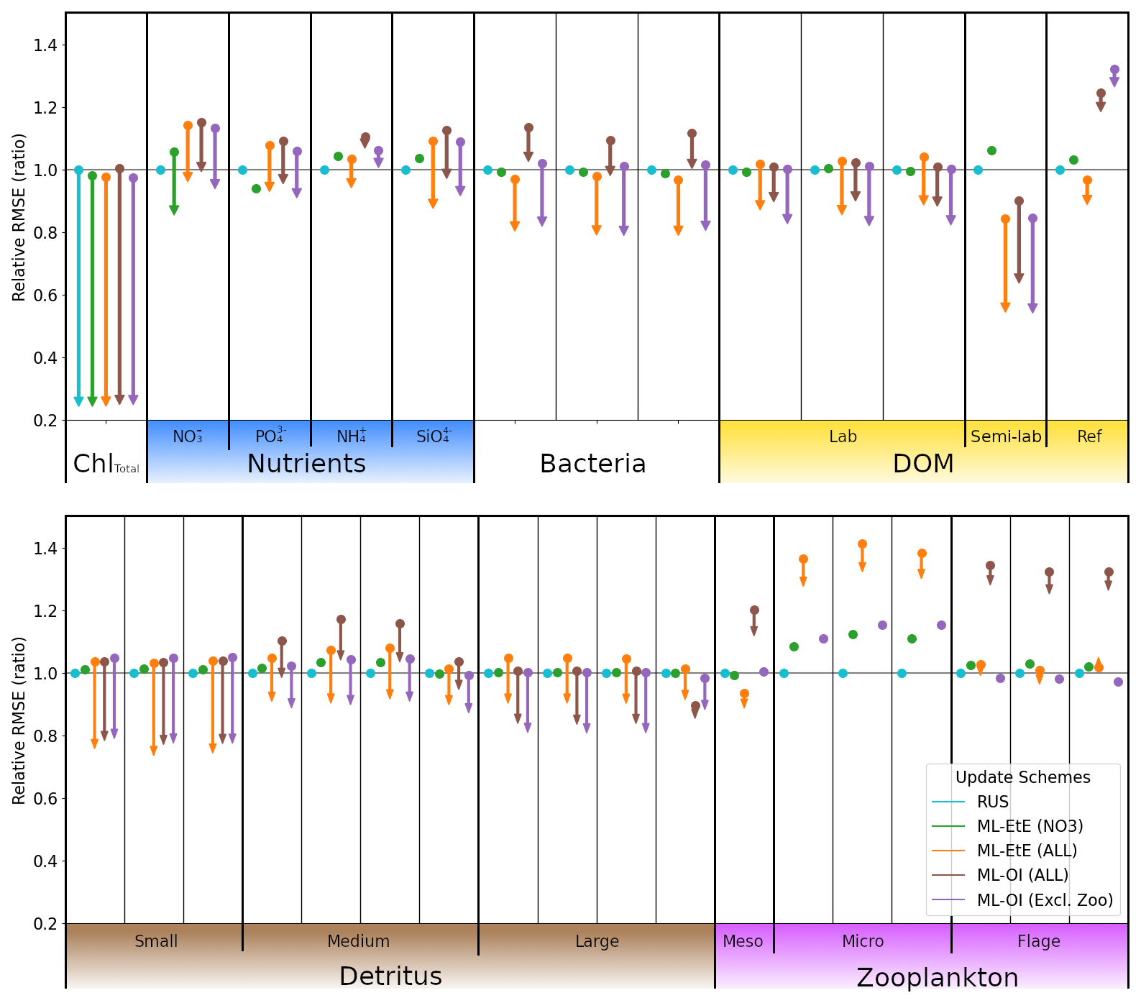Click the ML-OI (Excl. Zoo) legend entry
[1044, 899]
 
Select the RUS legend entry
[992, 802]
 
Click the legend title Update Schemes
[1022, 777]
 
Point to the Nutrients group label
[306, 464]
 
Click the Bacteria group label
[592, 464]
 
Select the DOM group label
[922, 464]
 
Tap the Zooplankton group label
[937, 977]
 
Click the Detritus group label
[390, 976]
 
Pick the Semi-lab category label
[1005, 436]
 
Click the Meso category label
[743, 941]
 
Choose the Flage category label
[1038, 941]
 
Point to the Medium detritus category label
[358, 941]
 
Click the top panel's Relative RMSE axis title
[19, 216]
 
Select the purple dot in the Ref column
[1114, 70]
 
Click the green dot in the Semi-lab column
[991, 150]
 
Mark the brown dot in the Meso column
[754, 610]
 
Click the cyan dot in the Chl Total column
[78, 170]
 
